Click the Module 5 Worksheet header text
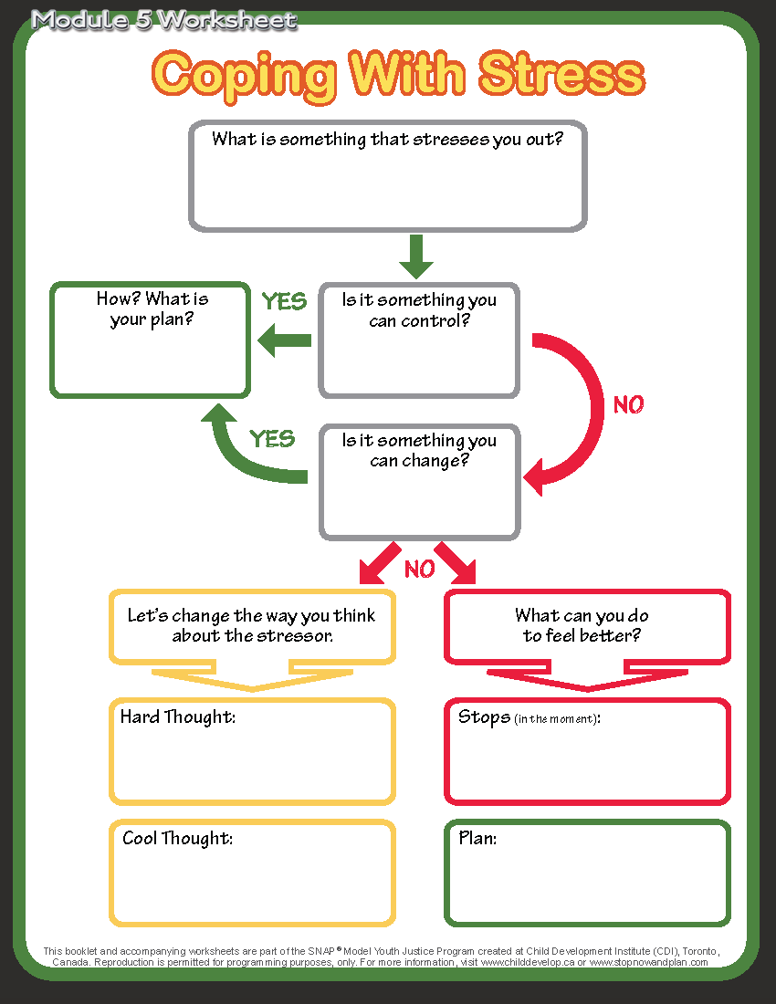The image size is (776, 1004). point(164,20)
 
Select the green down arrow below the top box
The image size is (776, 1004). point(416,256)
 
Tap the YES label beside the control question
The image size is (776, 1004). point(284,302)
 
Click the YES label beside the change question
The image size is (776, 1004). point(272,439)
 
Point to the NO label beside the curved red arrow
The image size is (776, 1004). point(628,404)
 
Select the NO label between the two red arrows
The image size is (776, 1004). point(419,570)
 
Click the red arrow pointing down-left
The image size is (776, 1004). point(379,562)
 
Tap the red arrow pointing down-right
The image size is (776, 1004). point(457,562)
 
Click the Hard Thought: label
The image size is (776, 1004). point(178,717)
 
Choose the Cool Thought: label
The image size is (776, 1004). point(178,838)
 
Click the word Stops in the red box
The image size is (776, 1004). point(484,717)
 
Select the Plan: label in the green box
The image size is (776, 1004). point(477,838)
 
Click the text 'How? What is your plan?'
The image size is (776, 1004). point(152,309)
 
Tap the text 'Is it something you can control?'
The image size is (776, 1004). point(419,310)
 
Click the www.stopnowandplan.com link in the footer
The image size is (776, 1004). point(648,962)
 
